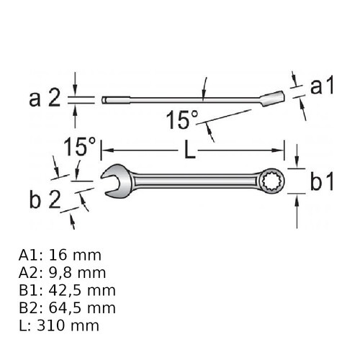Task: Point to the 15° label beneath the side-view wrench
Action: point(181,120)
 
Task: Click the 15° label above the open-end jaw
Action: point(79,148)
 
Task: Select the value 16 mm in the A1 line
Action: point(74,256)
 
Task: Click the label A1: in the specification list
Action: point(31,256)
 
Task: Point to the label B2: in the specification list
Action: point(32,307)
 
